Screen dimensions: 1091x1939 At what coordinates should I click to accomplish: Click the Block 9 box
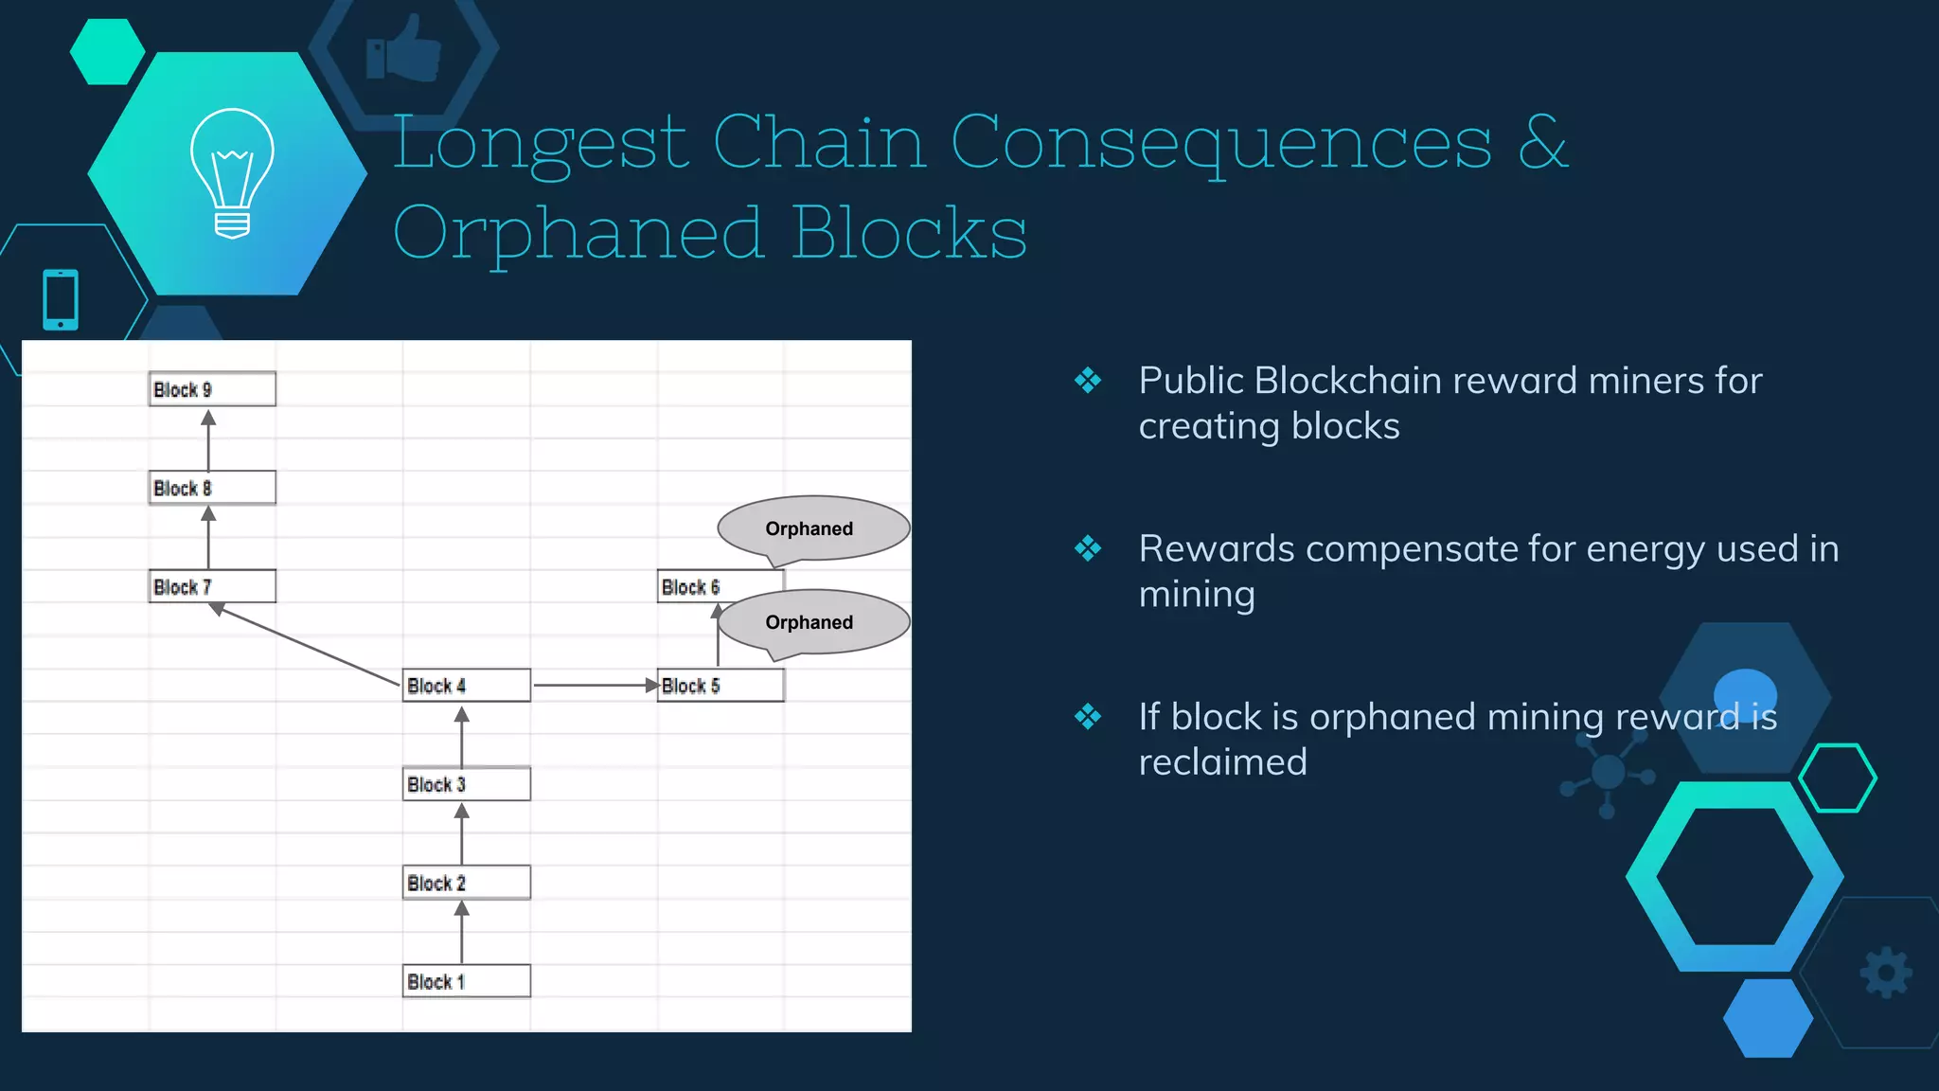pos(212,389)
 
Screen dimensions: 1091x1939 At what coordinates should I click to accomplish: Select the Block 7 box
pos(212,586)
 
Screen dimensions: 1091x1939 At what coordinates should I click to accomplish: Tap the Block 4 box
pos(466,685)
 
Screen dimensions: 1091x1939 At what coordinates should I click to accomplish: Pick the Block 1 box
pos(466,981)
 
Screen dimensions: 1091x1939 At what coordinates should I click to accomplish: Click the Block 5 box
pos(720,685)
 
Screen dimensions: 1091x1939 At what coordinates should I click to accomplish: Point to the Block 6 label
pos(690,587)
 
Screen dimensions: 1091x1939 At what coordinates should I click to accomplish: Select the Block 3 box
pos(466,784)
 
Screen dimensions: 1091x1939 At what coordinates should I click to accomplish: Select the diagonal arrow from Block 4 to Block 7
pos(308,645)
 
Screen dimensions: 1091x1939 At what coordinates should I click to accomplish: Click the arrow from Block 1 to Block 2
pos(461,932)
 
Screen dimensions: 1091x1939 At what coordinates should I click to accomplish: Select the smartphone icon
pos(61,299)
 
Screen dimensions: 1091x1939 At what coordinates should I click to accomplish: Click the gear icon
pos(1886,973)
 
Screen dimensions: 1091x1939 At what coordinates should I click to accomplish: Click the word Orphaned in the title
pos(578,233)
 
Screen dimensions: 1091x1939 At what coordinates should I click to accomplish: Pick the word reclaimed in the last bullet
pos(1222,762)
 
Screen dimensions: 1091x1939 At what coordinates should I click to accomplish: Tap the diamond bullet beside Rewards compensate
pos(1088,548)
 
